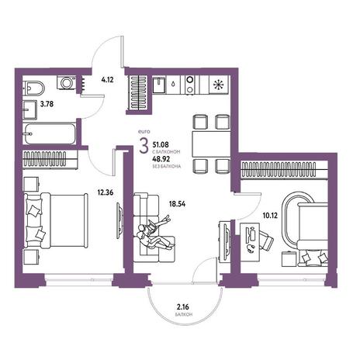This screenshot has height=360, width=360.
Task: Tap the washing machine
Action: (x=67, y=83)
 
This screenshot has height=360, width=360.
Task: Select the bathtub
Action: (x=50, y=134)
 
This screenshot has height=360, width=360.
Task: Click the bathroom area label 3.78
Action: (x=47, y=104)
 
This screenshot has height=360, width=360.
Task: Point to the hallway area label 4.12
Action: (x=107, y=80)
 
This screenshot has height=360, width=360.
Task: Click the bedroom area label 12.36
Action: (x=106, y=192)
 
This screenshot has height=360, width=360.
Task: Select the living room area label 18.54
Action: (x=177, y=204)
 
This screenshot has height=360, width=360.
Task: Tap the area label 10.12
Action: (x=270, y=215)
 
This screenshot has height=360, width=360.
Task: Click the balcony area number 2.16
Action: (x=183, y=307)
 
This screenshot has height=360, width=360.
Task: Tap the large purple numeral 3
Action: (x=144, y=146)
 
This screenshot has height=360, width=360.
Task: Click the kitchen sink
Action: (x=159, y=85)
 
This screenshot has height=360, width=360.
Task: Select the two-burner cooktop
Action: (x=190, y=85)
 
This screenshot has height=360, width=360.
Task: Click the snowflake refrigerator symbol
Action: (x=219, y=85)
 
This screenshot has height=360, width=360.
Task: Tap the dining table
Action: (x=211, y=144)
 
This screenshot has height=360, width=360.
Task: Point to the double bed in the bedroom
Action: (x=56, y=220)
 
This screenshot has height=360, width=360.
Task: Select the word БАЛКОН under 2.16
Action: (x=183, y=315)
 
